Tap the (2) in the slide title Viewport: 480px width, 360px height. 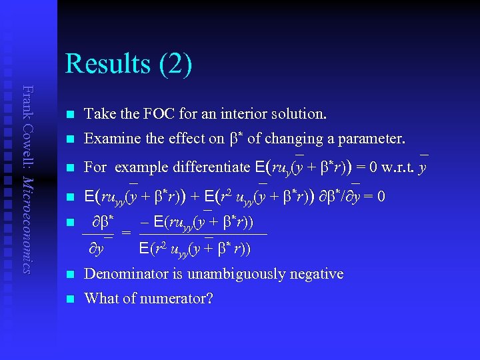175,64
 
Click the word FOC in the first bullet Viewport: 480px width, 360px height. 157,114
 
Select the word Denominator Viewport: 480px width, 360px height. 127,273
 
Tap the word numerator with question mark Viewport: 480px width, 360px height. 180,298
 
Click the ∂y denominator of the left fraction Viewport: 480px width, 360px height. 97,249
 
